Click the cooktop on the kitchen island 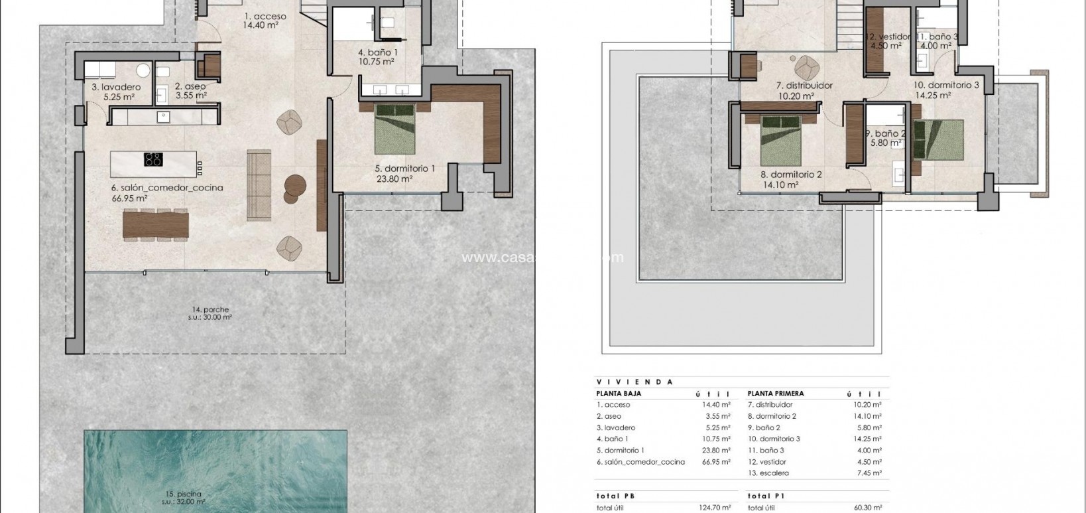(153, 159)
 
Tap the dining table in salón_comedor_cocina (156, 224)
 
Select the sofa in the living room (259, 185)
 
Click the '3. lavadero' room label (116, 87)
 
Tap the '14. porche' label (210, 309)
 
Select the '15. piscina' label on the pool (184, 494)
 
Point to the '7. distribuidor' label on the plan (804, 86)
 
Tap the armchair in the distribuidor (806, 66)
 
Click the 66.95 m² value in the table (716, 462)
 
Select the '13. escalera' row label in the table (768, 473)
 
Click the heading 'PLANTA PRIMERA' (775, 394)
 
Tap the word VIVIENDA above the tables (634, 382)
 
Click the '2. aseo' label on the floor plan (190, 86)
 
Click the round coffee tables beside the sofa (294, 188)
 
